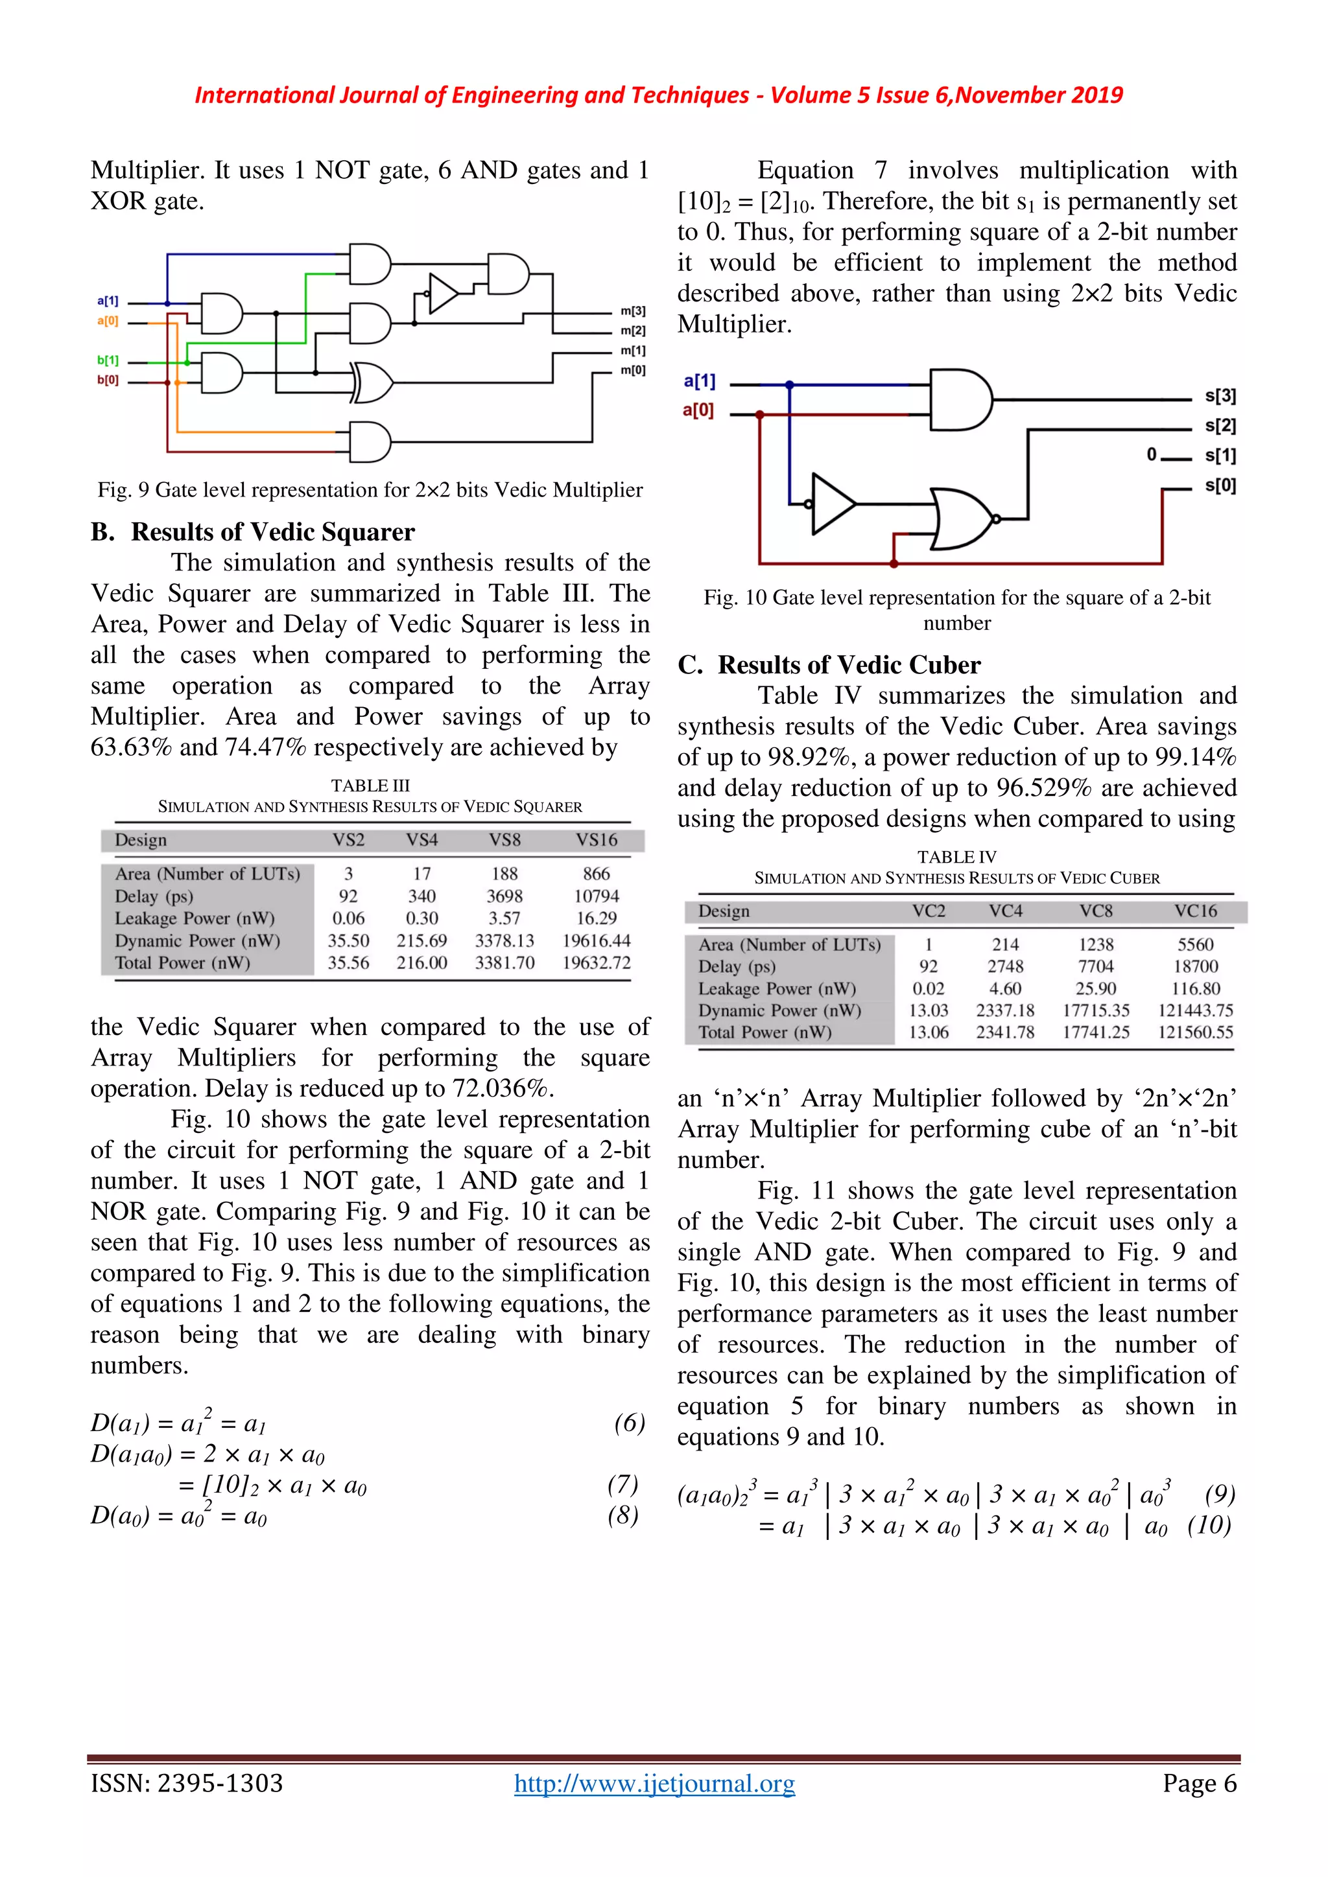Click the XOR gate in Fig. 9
click(x=373, y=382)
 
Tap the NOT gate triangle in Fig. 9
click(x=442, y=294)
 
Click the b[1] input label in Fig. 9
click(x=108, y=360)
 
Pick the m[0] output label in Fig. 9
click(x=633, y=370)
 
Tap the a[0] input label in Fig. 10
click(x=698, y=410)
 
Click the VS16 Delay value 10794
click(x=596, y=896)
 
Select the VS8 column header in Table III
click(x=504, y=839)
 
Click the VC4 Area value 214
click(x=1005, y=944)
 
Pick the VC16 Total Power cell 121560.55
click(x=1194, y=1032)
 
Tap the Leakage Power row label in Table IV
click(x=777, y=988)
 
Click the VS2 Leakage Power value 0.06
click(x=348, y=918)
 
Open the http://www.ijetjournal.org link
click(x=654, y=1783)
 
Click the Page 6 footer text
click(x=1200, y=1783)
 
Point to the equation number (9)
click(x=1219, y=1495)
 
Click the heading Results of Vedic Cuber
click(x=849, y=664)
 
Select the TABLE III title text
click(x=370, y=786)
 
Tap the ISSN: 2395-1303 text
click(x=187, y=1783)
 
